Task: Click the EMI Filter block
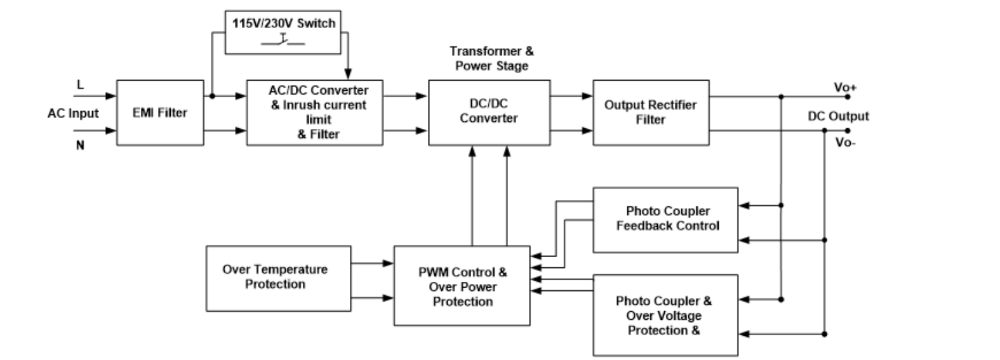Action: click(160, 113)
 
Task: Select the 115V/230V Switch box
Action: click(283, 32)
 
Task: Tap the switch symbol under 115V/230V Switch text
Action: click(283, 41)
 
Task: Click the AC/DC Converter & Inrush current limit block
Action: click(315, 113)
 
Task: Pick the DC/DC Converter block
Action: click(489, 112)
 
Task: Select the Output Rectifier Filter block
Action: click(651, 112)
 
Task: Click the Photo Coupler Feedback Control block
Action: click(665, 219)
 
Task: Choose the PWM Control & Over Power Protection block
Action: click(462, 286)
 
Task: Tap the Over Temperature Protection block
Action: click(278, 277)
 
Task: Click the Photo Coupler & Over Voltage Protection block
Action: click(665, 315)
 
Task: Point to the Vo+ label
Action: click(844, 88)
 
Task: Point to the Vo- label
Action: click(844, 143)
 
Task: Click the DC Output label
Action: click(838, 116)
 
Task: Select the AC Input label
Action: click(73, 114)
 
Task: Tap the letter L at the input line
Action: click(80, 85)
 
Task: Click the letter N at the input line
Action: click(80, 145)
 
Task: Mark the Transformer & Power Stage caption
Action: click(491, 58)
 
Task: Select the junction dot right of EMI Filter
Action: click(212, 97)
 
